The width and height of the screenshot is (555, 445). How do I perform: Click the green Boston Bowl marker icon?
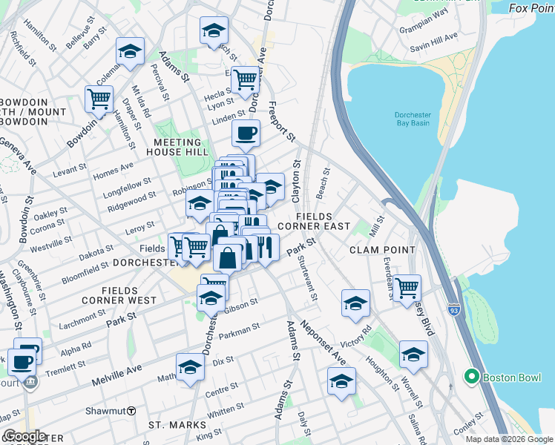click(x=470, y=377)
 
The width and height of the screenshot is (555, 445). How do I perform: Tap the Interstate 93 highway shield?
click(x=453, y=306)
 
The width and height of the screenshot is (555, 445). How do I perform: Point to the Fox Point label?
click(x=531, y=8)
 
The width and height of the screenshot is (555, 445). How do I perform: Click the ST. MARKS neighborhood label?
click(x=171, y=425)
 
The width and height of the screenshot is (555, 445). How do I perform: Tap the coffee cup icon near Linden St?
click(x=246, y=133)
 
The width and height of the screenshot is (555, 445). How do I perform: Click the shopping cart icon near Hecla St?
click(x=245, y=79)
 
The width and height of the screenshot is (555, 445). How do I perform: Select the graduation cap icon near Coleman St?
click(x=130, y=51)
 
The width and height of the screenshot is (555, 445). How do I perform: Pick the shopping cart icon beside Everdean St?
click(x=407, y=287)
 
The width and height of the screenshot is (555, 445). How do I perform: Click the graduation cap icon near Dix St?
click(x=190, y=366)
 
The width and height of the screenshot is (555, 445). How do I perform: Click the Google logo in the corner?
click(x=24, y=436)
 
